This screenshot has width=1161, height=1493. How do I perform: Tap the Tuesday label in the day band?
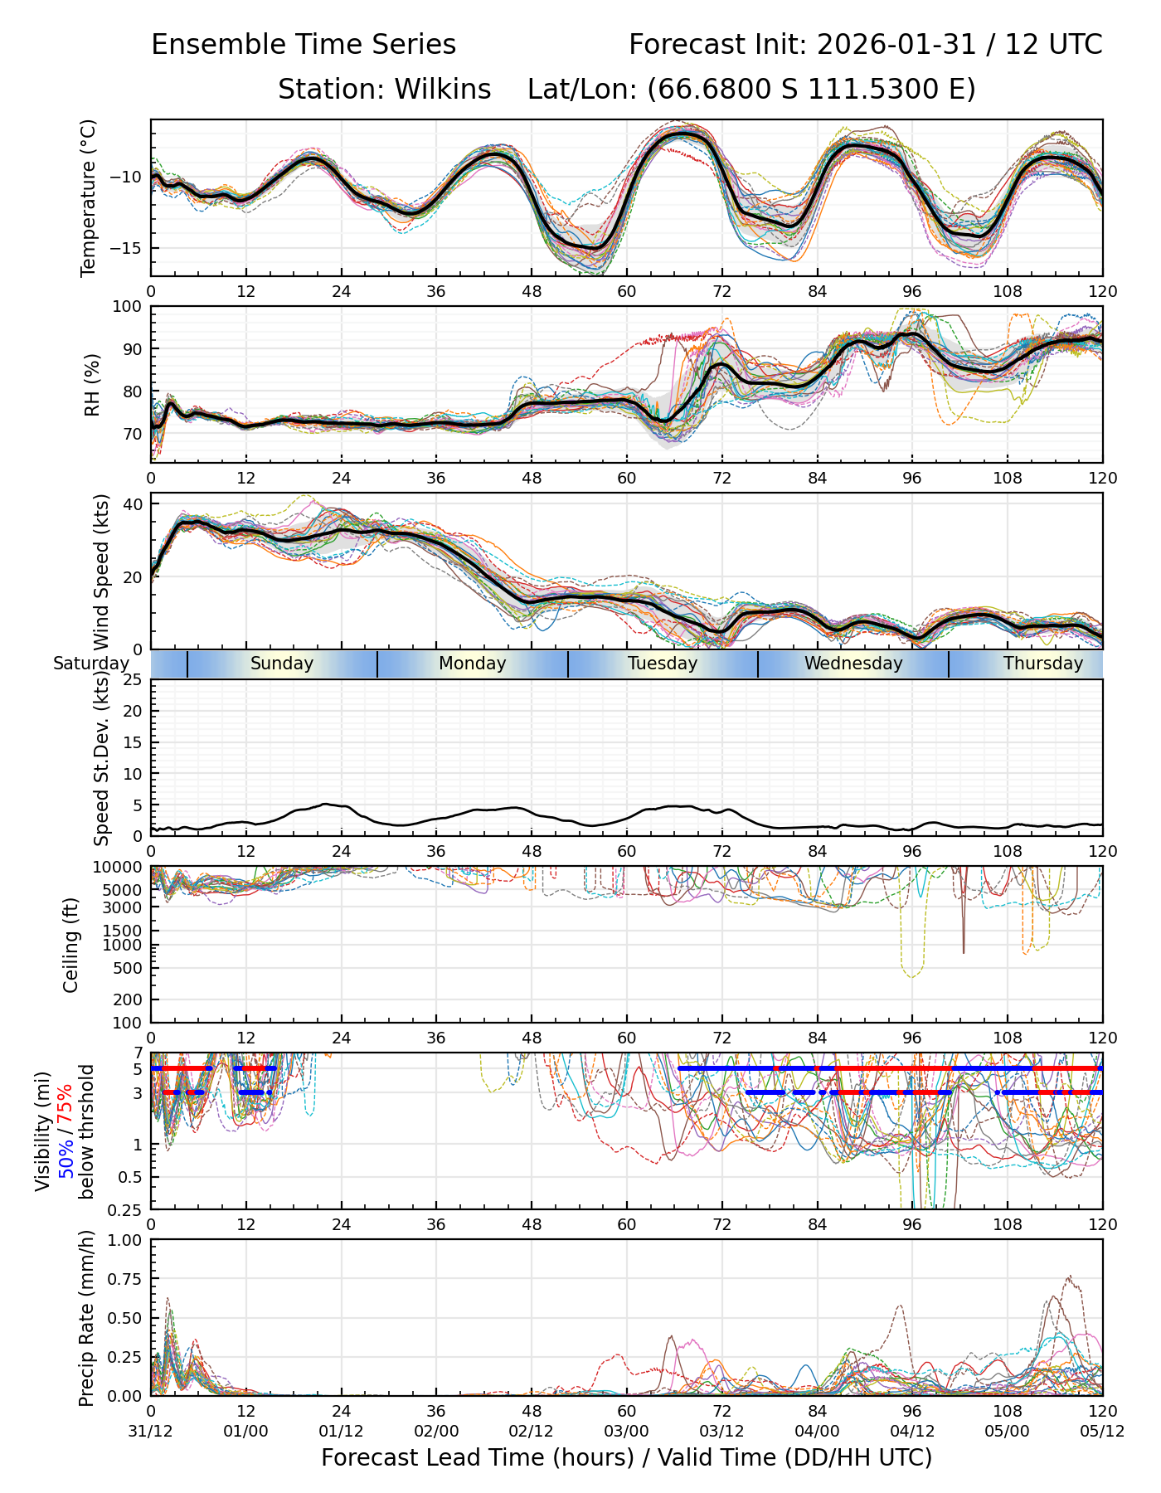663,664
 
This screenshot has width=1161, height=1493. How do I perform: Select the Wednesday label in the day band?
853,664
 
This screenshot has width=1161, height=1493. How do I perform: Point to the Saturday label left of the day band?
91,664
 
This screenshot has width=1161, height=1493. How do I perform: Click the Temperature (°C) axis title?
89,197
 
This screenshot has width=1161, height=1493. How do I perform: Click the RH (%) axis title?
91,385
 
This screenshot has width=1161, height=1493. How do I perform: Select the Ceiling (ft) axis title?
71,945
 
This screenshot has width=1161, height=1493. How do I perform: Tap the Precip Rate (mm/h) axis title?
86,1318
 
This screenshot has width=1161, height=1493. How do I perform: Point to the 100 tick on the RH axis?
128,307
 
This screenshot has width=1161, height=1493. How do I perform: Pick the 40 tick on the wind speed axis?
133,504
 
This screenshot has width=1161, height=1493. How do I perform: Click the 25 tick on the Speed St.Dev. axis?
133,680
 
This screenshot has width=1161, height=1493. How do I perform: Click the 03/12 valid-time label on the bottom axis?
721,1432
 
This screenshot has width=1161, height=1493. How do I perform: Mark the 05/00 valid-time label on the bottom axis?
1007,1432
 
